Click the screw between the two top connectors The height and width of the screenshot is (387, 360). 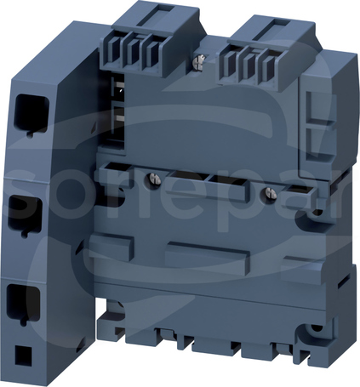click(200, 60)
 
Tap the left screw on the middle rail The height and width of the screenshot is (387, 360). click(153, 179)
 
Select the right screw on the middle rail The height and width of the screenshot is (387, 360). click(271, 192)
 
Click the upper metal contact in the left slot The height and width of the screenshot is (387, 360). click(120, 86)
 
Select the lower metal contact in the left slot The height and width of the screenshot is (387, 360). click(120, 118)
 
